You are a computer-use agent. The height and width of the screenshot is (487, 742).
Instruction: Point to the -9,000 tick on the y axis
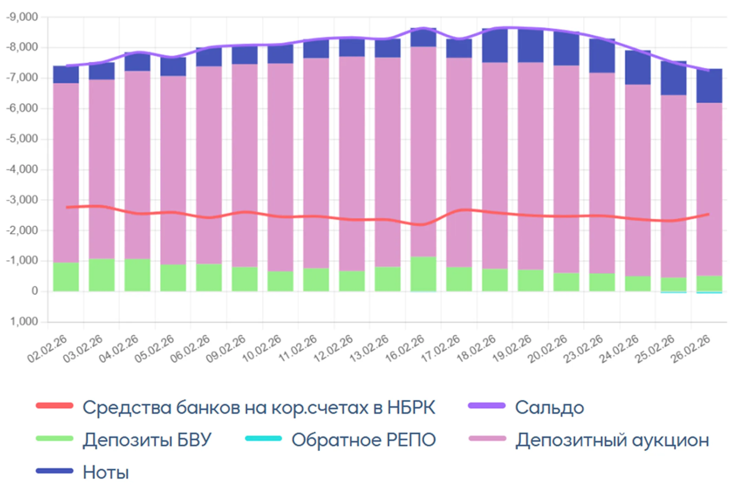point(22,17)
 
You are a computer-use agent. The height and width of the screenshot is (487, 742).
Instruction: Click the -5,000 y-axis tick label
point(22,139)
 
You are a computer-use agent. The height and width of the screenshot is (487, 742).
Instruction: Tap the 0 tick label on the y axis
point(34,291)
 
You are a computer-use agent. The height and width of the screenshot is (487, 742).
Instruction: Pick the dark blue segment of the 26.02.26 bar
point(709,86)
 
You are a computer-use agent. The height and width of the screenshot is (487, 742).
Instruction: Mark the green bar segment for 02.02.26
point(66,277)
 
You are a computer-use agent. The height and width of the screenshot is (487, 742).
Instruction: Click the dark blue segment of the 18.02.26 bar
point(495,46)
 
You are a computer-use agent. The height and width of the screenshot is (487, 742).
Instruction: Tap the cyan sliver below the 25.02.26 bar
point(673,292)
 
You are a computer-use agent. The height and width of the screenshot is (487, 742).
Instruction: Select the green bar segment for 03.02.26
point(102,275)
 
